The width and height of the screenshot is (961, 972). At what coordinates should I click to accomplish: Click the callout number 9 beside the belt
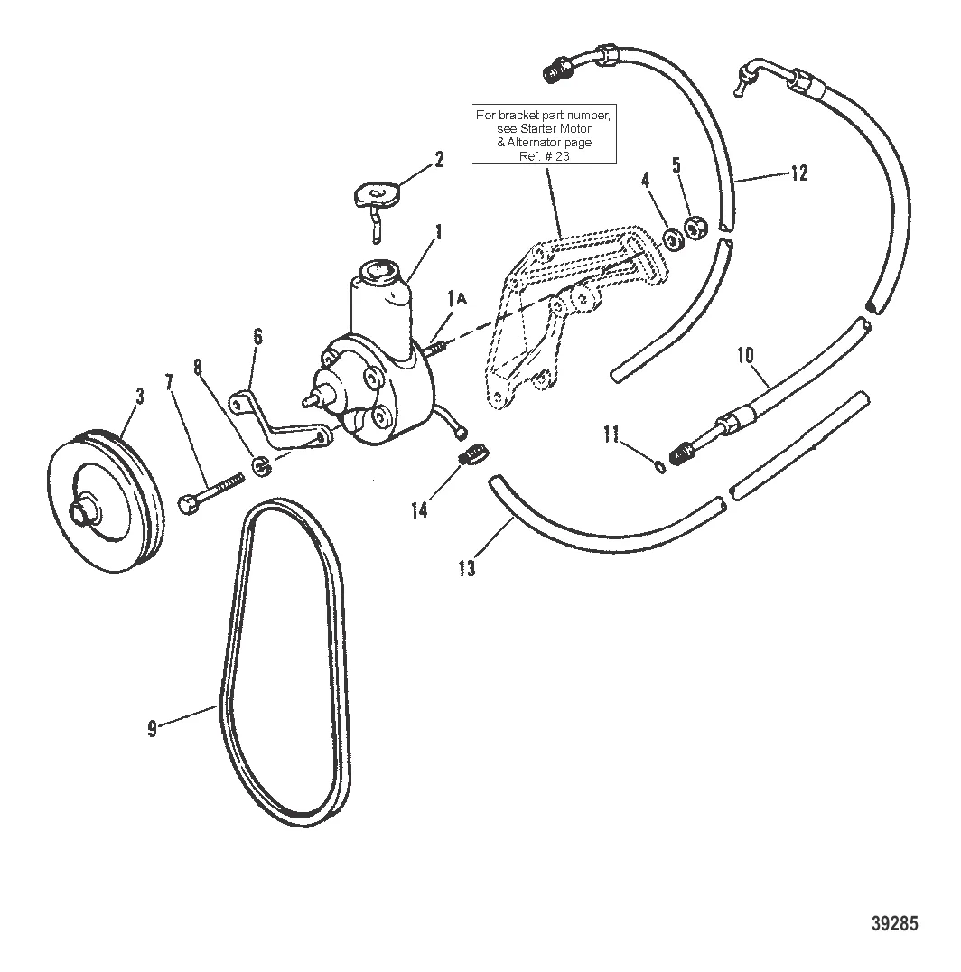click(153, 728)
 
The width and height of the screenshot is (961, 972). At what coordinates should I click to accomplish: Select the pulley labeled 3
click(105, 507)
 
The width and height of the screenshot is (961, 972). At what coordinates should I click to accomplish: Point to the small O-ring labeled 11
click(659, 466)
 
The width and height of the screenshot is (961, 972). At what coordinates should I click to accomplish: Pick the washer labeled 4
click(672, 239)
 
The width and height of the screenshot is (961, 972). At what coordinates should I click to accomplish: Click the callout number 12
click(798, 172)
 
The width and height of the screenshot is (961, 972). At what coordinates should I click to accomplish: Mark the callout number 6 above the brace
click(258, 337)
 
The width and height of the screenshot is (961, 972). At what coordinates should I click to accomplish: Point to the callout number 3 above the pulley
click(138, 395)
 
